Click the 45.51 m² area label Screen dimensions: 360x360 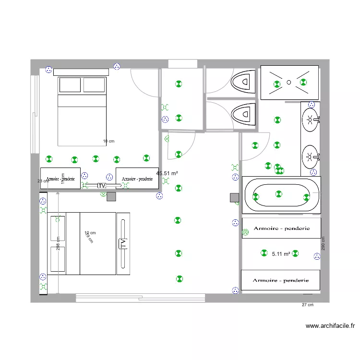168,173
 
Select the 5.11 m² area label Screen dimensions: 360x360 281,254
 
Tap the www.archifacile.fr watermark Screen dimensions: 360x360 330,326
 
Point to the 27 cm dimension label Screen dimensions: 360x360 307,305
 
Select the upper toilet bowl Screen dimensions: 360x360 243,82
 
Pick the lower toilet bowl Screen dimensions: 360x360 243,115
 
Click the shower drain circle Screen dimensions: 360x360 289,82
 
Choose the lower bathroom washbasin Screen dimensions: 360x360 310,156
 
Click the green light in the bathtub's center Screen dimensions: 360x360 279,194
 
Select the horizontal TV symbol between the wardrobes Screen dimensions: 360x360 102,185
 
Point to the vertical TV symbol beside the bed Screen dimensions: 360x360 123,243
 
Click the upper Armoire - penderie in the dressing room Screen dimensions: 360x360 281,228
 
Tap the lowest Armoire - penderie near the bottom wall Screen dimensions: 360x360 280,280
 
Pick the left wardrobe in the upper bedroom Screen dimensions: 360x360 60,178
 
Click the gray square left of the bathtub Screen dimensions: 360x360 235,198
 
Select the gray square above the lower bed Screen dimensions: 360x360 111,196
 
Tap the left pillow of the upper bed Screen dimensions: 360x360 70,85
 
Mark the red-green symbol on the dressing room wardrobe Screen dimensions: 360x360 246,232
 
